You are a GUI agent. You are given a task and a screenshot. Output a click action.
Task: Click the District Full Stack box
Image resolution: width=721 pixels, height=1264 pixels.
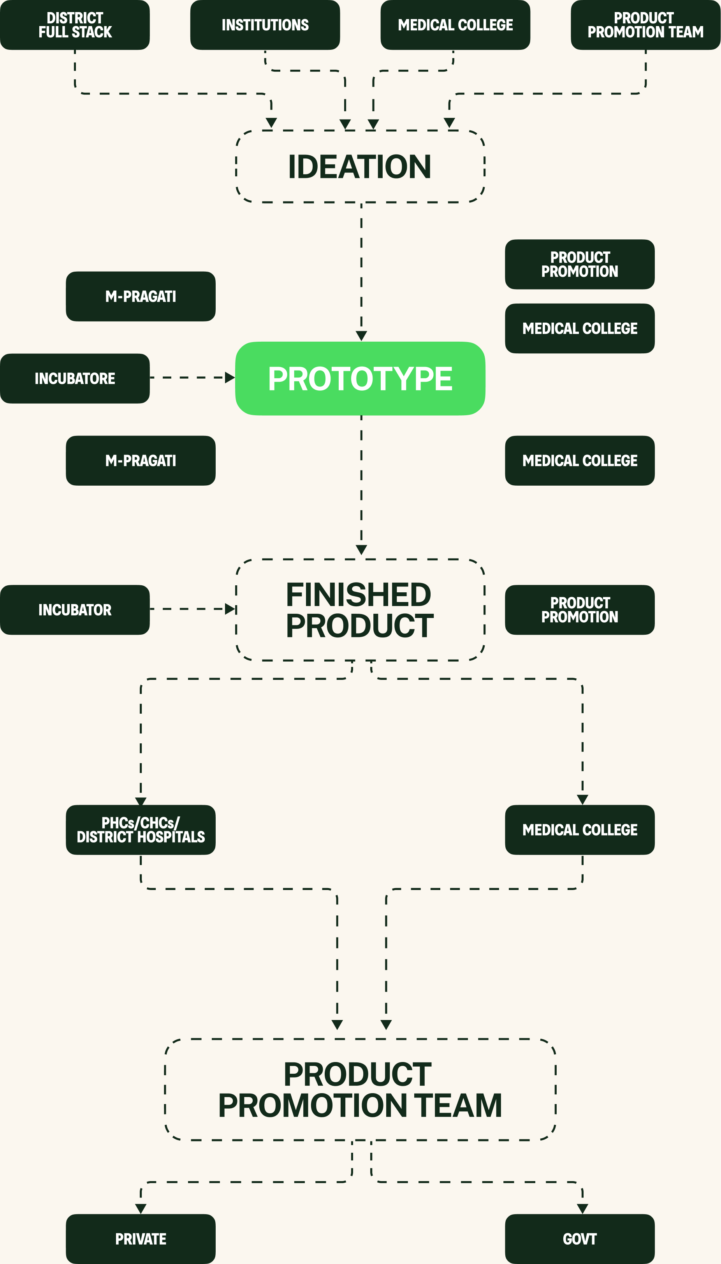tap(75, 25)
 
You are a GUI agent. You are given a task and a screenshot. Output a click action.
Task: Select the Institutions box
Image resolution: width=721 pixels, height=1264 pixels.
tap(265, 25)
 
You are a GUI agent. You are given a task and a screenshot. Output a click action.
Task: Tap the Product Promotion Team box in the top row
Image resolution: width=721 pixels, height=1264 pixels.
tap(645, 25)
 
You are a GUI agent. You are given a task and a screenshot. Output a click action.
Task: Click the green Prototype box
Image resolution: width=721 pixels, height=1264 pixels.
tap(360, 379)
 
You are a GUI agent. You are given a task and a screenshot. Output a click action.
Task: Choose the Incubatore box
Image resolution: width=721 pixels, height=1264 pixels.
tap(75, 379)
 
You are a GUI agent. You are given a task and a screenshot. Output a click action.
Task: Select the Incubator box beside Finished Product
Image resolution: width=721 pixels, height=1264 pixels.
tap(75, 610)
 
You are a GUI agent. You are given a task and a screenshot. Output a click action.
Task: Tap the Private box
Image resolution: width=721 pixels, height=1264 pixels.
tap(141, 1239)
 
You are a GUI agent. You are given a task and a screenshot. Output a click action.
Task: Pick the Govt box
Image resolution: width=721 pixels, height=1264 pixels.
tap(580, 1239)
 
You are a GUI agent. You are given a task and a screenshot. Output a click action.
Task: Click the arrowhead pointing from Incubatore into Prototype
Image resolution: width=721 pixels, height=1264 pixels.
tap(230, 377)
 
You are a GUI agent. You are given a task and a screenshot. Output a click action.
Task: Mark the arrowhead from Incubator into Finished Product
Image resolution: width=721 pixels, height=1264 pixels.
tap(230, 609)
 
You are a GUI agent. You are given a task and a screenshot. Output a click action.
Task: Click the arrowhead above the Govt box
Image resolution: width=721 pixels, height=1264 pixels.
tap(583, 1209)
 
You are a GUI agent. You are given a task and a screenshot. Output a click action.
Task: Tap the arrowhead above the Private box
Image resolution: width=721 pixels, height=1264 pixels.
tap(141, 1209)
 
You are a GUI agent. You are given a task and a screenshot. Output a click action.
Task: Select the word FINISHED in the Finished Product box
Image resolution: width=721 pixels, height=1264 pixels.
tap(359, 595)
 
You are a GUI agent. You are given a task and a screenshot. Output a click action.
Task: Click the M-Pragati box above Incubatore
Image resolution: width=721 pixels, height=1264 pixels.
tap(141, 297)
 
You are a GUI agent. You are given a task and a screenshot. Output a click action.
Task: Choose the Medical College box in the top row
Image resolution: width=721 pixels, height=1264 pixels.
tap(455, 25)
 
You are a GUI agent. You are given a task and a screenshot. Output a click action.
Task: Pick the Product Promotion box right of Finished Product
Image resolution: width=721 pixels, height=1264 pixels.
tap(580, 610)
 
